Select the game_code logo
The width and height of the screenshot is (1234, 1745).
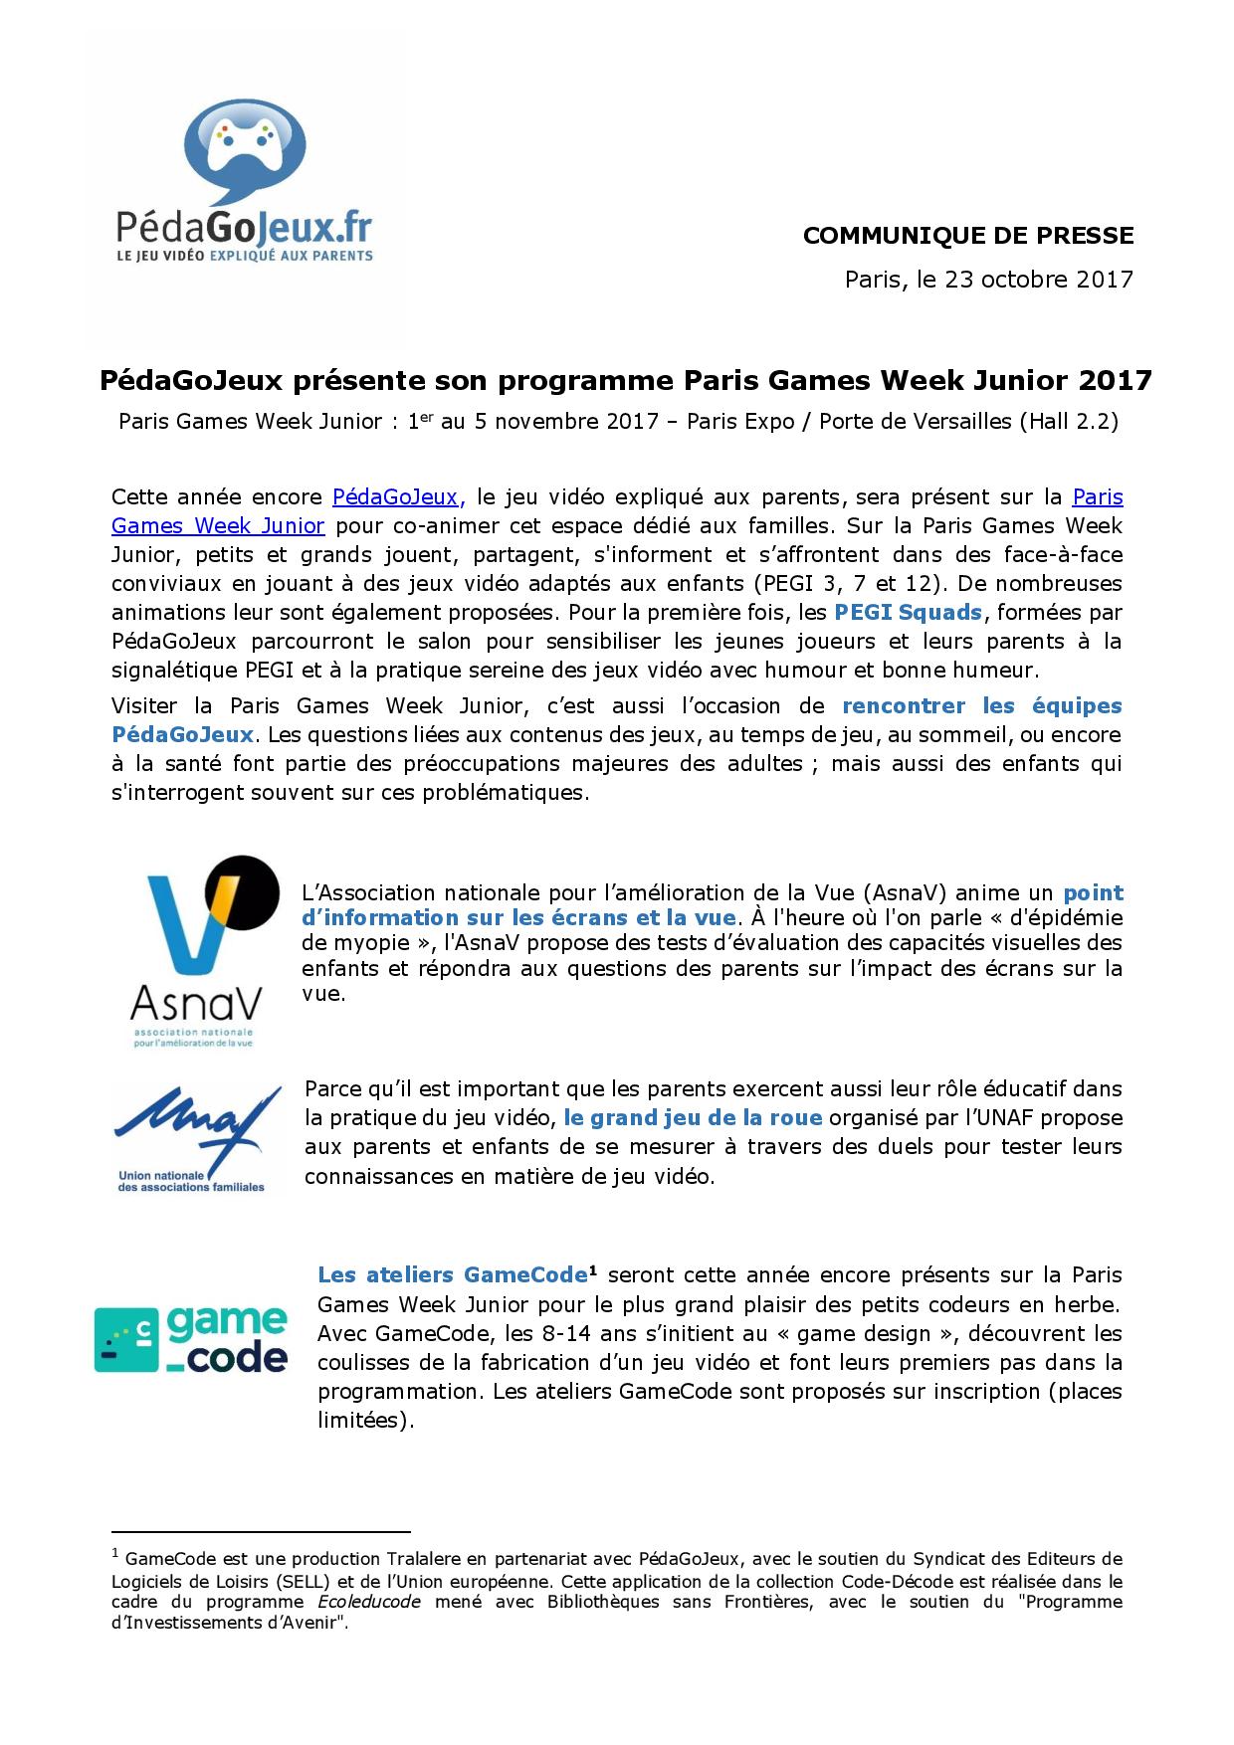click(x=191, y=1338)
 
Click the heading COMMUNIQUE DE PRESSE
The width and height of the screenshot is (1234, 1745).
click(x=967, y=236)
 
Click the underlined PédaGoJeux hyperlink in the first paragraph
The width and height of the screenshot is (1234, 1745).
click(x=397, y=497)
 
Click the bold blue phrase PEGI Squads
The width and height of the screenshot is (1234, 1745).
click(x=908, y=613)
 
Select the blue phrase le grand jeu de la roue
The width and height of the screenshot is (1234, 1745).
click(x=693, y=1118)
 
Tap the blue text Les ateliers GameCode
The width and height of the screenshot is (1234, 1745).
click(x=452, y=1275)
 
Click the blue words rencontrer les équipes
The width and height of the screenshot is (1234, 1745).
click(x=981, y=707)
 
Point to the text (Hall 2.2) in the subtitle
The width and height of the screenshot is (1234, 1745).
click(x=1069, y=422)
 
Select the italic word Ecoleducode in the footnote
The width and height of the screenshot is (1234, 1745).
click(x=369, y=1602)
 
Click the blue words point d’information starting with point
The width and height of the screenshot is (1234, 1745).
click(x=1093, y=893)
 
